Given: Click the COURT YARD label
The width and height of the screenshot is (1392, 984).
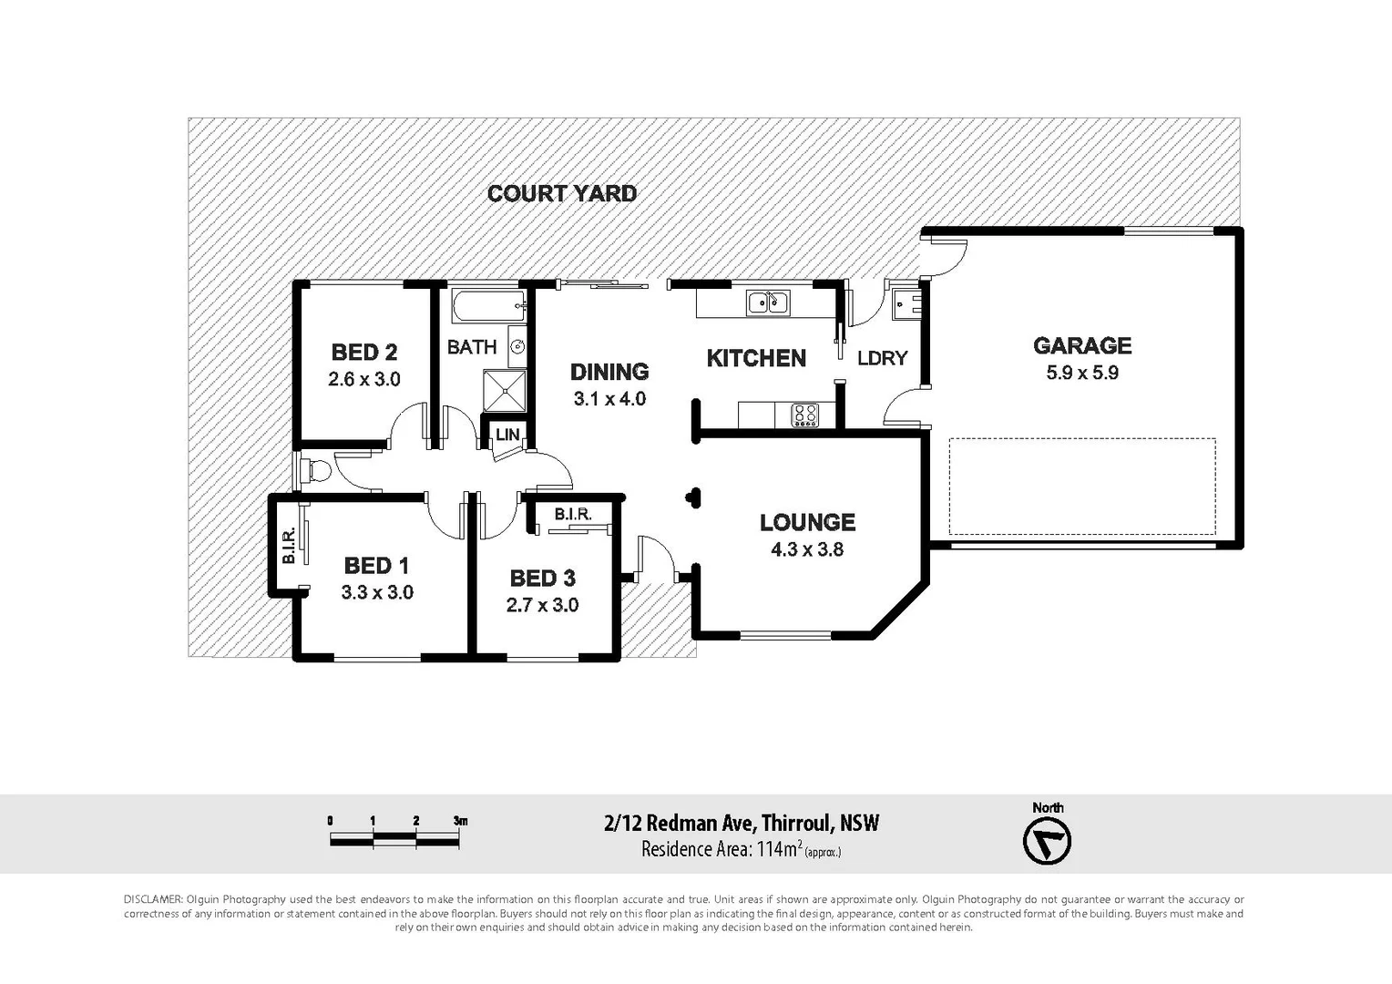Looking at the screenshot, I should click(561, 193).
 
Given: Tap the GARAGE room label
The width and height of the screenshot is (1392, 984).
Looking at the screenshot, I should click(1081, 345).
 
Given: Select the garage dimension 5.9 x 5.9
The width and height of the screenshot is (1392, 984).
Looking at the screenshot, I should click(1081, 373).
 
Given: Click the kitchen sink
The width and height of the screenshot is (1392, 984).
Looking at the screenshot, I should click(768, 302).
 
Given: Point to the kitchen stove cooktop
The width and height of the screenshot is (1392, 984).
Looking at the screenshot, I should click(804, 415).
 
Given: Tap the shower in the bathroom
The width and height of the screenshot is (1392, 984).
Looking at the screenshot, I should click(505, 391).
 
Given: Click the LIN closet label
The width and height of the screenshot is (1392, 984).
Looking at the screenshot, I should click(507, 435).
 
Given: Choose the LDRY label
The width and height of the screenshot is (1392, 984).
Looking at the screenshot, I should click(882, 358).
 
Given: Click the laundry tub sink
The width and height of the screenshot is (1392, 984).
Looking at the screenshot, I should click(907, 302).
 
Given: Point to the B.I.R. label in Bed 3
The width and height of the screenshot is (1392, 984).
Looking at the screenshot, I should click(572, 515).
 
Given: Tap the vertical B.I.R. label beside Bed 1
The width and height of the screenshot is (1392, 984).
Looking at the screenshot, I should click(289, 546).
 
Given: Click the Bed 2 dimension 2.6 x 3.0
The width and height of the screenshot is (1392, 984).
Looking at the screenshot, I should click(363, 379).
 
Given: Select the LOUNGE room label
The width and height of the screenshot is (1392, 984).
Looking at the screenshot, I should click(807, 522).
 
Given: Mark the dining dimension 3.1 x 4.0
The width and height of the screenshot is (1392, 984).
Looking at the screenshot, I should click(609, 399).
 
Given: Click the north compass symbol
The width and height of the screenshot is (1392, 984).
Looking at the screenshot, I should click(1047, 842).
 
